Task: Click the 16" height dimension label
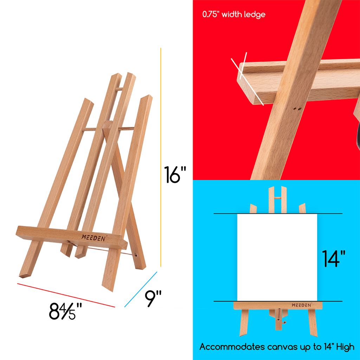pos(175,175)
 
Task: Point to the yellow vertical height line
pos(161,158)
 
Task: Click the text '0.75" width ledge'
pos(233,14)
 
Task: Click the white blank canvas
pos(277,257)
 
